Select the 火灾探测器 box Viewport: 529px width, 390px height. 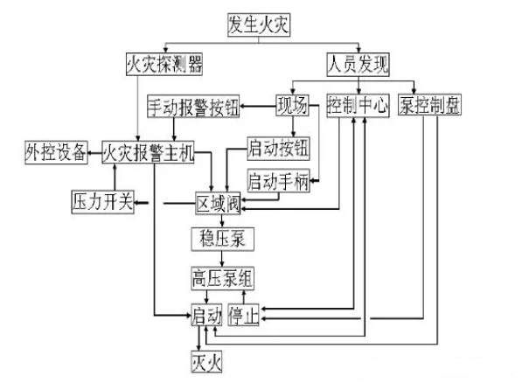(x=164, y=64)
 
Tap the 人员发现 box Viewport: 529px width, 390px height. (x=358, y=64)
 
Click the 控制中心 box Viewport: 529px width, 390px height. (x=358, y=107)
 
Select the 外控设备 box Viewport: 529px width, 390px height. (x=55, y=152)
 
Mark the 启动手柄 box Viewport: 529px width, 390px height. (x=278, y=182)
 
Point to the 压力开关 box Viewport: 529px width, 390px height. (x=101, y=203)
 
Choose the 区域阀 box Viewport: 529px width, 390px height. (x=218, y=204)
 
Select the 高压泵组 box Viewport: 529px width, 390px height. (x=223, y=278)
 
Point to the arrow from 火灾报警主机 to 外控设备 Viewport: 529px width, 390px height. (x=95, y=152)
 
